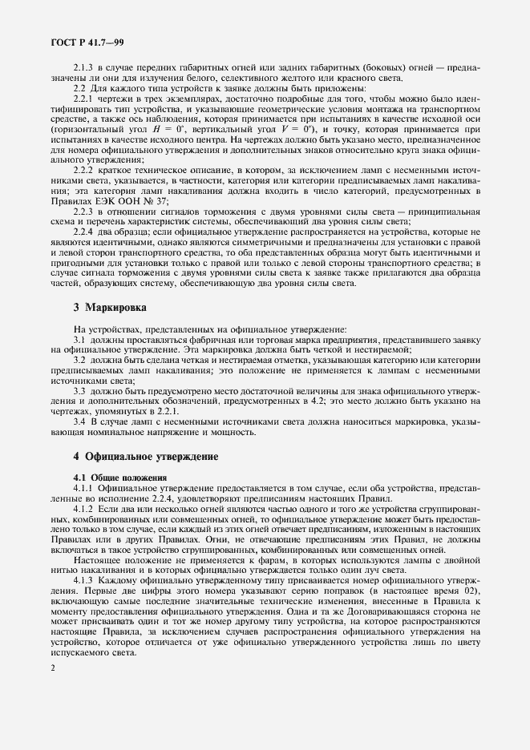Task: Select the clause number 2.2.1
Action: (x=83, y=98)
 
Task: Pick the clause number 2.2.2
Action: (x=83, y=171)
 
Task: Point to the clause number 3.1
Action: (x=78, y=340)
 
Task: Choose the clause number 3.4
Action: (x=78, y=422)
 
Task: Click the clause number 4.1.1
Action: (x=83, y=487)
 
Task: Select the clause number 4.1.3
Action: (x=83, y=580)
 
